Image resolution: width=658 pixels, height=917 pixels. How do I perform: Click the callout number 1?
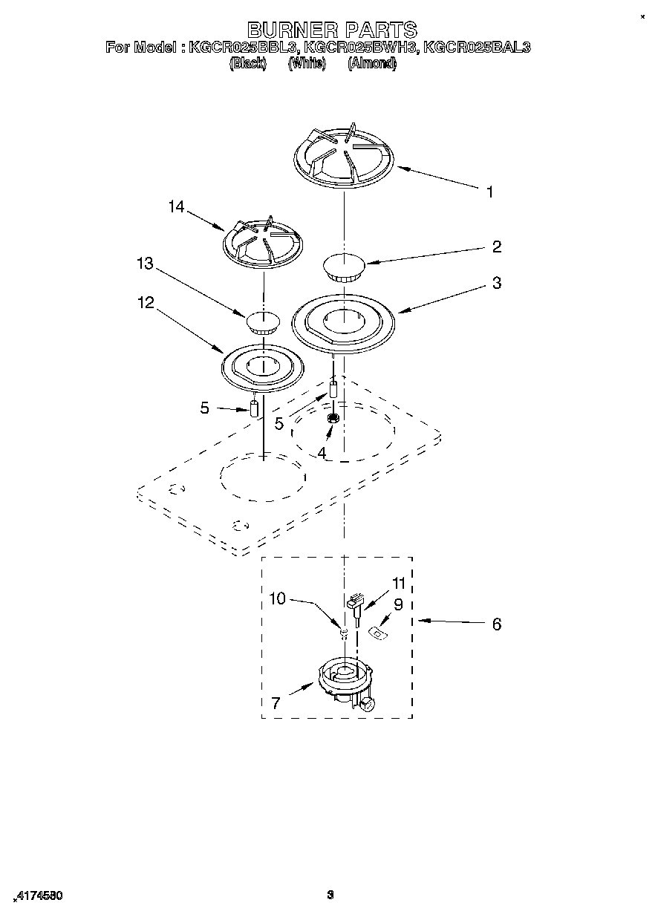pos(489,192)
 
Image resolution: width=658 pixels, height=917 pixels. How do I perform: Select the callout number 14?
pos(176,207)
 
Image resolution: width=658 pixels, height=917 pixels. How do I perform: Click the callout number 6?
pos(496,624)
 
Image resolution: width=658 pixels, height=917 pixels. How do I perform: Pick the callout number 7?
pos(276,703)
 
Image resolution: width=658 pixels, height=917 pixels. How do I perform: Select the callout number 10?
pos(277,598)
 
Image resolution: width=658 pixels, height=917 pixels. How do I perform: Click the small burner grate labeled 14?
pos(264,243)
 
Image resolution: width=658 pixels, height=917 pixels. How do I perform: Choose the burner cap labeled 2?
pos(342,267)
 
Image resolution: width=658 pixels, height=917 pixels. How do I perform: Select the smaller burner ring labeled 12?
pos(263,366)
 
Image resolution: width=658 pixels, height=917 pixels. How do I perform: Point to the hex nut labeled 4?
pos(333,420)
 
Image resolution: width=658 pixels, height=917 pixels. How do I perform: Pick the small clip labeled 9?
pos(379,632)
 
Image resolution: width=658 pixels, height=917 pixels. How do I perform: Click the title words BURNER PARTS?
pos(331,30)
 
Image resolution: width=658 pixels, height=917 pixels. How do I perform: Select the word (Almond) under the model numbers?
pos(372,64)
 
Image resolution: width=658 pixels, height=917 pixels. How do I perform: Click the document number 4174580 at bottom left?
pos(38,896)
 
